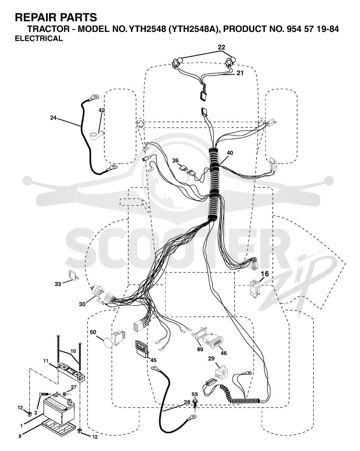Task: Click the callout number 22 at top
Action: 221,47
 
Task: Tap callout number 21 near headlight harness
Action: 240,73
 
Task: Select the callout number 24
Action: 53,117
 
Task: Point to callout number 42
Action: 102,110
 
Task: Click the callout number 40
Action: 230,153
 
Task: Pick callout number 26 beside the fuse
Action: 175,161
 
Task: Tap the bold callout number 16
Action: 265,274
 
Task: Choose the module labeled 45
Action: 142,349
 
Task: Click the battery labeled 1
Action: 58,410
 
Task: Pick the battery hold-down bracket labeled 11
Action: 71,372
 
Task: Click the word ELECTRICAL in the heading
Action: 39,39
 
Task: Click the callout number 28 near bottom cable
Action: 187,402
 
